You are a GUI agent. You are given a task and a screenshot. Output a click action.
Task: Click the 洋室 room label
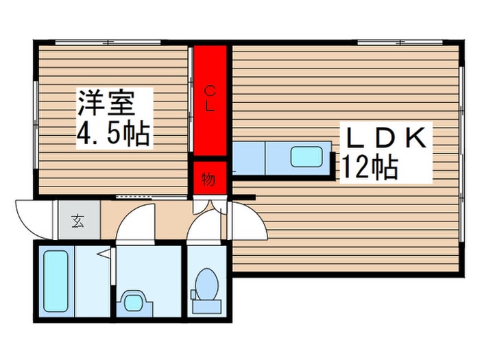[x=106, y=103]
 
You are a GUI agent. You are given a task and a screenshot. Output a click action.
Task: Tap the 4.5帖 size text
[x=113, y=134]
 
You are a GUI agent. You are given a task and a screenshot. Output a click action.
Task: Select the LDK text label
[x=386, y=137]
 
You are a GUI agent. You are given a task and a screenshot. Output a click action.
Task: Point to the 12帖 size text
[x=370, y=168]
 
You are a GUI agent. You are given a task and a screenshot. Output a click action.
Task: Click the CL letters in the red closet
[x=210, y=99]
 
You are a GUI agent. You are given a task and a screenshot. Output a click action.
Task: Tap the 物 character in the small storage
[x=208, y=179]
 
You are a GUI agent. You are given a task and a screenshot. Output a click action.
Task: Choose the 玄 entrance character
[x=78, y=221]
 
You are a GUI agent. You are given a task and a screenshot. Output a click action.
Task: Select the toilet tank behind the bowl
[x=206, y=307]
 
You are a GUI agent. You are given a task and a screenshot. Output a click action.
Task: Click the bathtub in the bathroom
[x=56, y=281]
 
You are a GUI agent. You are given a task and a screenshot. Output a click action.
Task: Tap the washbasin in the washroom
[x=134, y=302]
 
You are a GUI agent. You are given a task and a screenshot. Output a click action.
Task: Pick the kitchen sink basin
[x=307, y=157]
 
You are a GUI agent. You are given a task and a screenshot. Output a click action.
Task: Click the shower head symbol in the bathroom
[x=104, y=254]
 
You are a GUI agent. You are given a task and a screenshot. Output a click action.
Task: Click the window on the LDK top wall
[x=400, y=43]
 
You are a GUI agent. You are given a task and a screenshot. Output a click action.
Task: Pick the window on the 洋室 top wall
[x=108, y=43]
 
